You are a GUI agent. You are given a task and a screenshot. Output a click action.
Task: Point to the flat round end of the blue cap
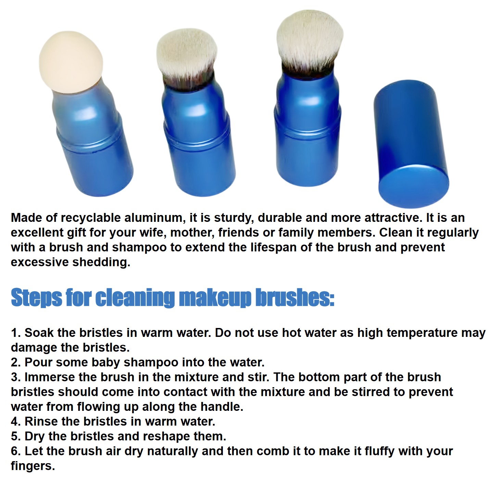(x=414, y=186)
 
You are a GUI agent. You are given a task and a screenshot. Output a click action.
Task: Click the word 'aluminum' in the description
(x=155, y=218)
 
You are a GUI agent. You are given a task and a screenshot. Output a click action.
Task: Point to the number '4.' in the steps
(x=16, y=422)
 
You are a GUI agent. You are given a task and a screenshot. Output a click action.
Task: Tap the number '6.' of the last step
(x=16, y=451)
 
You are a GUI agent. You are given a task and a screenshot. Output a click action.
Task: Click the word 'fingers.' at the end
(x=33, y=467)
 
